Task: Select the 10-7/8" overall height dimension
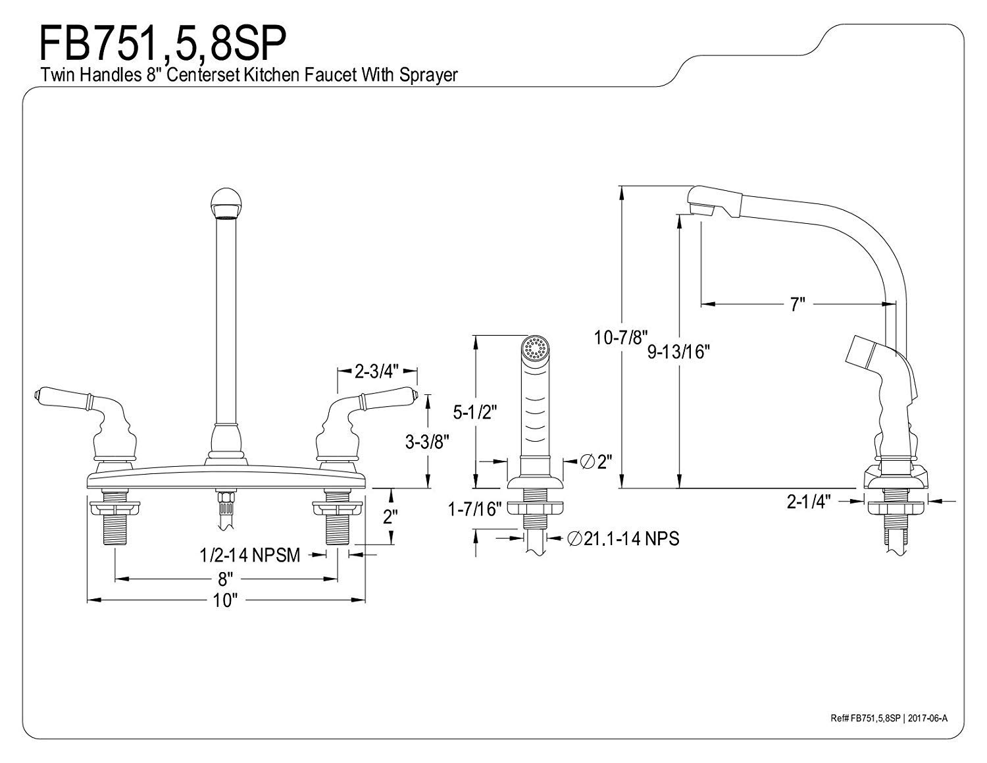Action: coord(621,337)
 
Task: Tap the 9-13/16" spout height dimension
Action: coord(678,352)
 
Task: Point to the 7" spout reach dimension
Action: coord(797,304)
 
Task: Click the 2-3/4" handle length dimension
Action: coord(376,372)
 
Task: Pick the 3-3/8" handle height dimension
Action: coord(427,441)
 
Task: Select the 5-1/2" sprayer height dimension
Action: coord(475,412)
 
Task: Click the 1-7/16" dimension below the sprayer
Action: coord(474,509)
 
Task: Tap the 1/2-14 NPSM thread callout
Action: coord(250,555)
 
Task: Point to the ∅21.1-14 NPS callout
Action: coord(624,539)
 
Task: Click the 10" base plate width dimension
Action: coord(226,601)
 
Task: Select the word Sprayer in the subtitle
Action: coord(428,75)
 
